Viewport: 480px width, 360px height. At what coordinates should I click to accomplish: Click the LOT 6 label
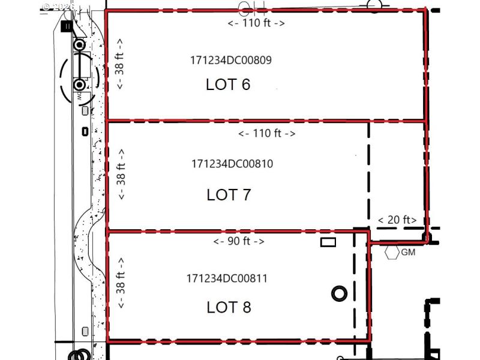click(x=228, y=85)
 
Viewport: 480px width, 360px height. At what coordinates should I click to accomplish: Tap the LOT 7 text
click(x=228, y=194)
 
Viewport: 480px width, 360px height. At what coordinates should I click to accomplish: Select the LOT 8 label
click(x=229, y=307)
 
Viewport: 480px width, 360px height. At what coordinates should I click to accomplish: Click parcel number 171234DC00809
click(x=230, y=60)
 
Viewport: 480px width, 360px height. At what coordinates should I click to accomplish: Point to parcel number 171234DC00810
click(x=232, y=163)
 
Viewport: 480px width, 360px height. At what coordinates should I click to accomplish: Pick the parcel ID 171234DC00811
click(x=227, y=278)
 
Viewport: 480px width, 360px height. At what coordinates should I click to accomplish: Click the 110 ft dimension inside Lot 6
click(x=256, y=23)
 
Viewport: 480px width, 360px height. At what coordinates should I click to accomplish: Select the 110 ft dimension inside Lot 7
click(x=266, y=133)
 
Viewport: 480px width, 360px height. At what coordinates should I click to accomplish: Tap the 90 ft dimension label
click(x=239, y=241)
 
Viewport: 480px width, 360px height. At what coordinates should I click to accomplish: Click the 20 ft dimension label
click(x=397, y=220)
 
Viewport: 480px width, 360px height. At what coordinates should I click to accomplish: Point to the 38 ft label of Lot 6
click(x=120, y=64)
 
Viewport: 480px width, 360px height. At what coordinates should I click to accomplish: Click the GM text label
click(x=408, y=253)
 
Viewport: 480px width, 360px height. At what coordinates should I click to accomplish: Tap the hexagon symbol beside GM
click(x=392, y=253)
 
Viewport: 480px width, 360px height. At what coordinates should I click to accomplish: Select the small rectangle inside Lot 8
click(x=328, y=242)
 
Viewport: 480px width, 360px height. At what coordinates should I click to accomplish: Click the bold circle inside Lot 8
click(x=339, y=293)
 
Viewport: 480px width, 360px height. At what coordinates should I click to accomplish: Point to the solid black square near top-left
click(x=68, y=26)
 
